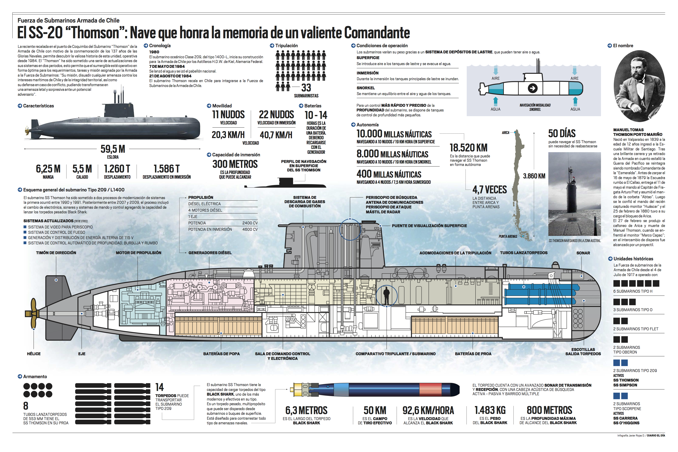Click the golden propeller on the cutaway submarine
33,313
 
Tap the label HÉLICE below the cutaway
34,354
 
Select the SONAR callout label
583,253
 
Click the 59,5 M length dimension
113,149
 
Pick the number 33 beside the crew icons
306,87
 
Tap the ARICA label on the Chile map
505,133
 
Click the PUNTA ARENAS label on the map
508,236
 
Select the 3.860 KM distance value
534,176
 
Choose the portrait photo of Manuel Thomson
639,86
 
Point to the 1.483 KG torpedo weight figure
490,410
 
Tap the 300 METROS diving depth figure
235,164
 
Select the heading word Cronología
160,46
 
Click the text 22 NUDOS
276,114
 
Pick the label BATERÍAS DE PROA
473,354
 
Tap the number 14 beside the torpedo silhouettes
159,387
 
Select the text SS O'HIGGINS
626,423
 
